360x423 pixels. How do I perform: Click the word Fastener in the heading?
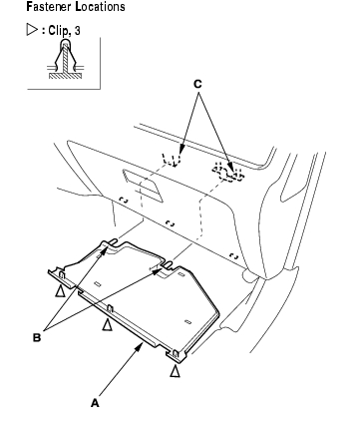point(49,6)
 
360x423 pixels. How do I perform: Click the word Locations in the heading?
point(100,6)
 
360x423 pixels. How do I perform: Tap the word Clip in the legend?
point(58,31)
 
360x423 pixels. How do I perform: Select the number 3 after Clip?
point(77,31)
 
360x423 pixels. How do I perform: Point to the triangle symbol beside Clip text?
point(32,30)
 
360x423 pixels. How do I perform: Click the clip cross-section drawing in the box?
point(65,59)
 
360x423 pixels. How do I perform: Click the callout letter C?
point(197,85)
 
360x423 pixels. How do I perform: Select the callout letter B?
point(37,337)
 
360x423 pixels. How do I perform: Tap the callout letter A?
point(95,403)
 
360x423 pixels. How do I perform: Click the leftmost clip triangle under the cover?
point(60,291)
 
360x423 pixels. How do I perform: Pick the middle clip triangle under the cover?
point(107,325)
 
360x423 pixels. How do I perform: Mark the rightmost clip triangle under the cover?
point(175,371)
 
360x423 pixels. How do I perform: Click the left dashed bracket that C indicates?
point(172,160)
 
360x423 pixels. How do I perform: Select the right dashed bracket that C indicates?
point(228,173)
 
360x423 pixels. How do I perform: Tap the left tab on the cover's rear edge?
point(113,242)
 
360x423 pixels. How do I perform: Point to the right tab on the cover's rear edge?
point(168,264)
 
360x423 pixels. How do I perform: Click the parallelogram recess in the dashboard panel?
point(143,186)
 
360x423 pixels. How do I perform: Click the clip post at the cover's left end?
point(62,275)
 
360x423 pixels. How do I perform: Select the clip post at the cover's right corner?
point(176,354)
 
